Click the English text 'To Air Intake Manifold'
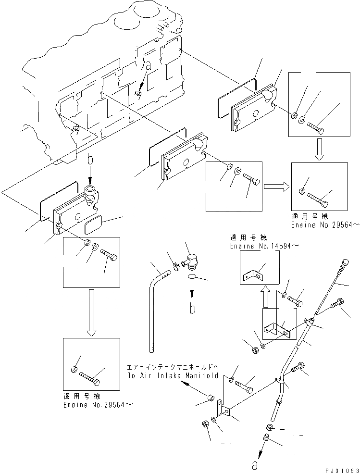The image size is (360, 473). click(x=173, y=376)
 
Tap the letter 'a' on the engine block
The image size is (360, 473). click(x=149, y=67)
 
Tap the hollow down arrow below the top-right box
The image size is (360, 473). click(x=321, y=149)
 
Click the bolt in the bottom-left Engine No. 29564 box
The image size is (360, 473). click(x=90, y=378)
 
